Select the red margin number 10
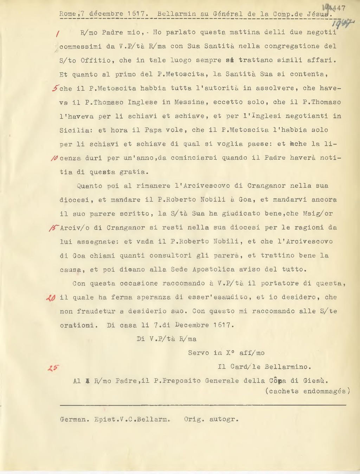coord(54,158)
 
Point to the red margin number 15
coord(54,228)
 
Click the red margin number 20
coord(51,298)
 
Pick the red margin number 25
coord(53,368)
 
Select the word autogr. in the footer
coord(224,419)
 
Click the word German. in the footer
coord(75,419)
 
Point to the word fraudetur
coord(96,312)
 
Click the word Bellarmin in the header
coord(176,14)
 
